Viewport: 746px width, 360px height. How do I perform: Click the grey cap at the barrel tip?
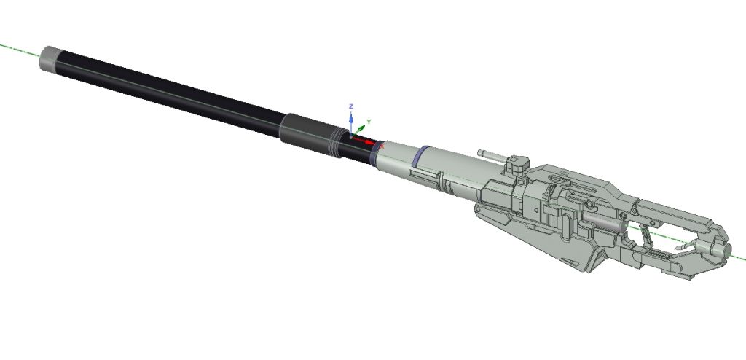(49, 58)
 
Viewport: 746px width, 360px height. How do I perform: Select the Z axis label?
(350, 106)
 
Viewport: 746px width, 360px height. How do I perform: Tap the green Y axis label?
(368, 122)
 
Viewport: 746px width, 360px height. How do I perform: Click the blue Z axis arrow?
(351, 124)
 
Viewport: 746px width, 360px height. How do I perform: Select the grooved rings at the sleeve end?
(335, 143)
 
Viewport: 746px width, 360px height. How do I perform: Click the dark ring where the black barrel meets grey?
(376, 153)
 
